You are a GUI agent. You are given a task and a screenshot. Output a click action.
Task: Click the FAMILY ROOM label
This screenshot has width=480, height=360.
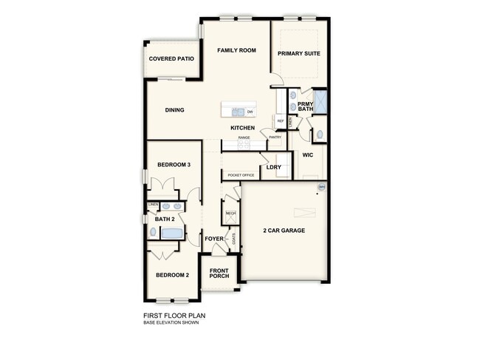point(236,50)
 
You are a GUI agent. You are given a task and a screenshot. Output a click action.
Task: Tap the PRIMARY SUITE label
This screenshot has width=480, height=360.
point(298,53)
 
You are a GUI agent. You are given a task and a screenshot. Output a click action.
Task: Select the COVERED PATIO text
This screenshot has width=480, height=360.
point(171,58)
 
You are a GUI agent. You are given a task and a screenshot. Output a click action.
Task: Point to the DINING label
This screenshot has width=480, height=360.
point(175,110)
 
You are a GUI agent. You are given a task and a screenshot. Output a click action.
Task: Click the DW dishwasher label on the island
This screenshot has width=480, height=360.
point(250,112)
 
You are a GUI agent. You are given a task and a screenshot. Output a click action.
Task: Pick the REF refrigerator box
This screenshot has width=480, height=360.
point(281,120)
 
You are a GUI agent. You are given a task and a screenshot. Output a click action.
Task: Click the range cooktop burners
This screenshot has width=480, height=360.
point(245,145)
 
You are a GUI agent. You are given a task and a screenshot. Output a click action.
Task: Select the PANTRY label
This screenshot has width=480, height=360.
point(275,137)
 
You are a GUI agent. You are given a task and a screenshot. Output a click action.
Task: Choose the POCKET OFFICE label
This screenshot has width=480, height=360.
point(241,175)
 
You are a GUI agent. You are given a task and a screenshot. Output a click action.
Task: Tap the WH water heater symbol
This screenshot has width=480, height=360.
point(321,187)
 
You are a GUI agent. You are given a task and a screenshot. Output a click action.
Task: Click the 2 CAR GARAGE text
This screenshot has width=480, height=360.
point(284,231)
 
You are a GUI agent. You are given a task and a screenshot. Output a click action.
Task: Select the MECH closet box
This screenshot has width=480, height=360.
point(230,213)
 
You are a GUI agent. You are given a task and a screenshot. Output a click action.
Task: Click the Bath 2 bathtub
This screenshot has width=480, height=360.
point(172,233)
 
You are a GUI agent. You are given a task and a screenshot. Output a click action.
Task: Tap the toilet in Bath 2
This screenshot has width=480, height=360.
point(154,232)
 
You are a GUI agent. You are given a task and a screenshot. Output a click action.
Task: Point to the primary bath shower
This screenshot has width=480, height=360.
point(321,101)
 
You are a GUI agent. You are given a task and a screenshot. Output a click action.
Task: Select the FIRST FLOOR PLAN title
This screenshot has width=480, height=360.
point(174,315)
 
